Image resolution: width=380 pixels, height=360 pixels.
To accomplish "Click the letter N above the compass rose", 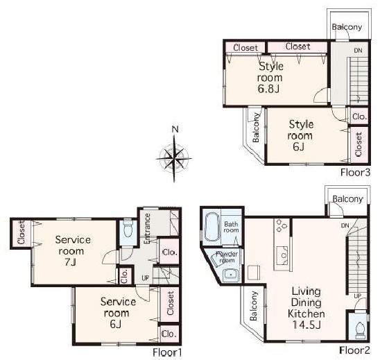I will click(176, 129).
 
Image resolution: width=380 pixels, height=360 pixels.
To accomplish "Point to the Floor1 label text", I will click(167, 352).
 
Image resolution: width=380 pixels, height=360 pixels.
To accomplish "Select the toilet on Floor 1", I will click(127, 230).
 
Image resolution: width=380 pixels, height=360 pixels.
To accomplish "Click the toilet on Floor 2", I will click(359, 328).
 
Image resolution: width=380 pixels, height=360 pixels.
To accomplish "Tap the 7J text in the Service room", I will click(69, 264).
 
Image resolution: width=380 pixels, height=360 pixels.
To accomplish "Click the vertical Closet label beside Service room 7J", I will click(21, 232).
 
